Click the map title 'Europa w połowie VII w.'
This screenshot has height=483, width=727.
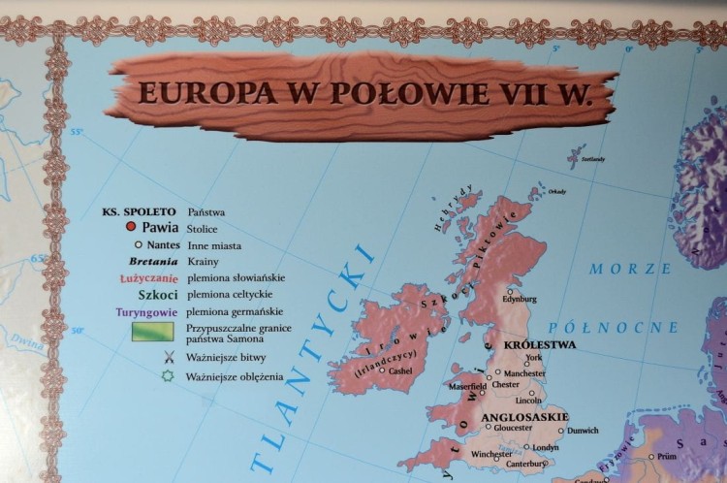pyautogui.click(x=363, y=92)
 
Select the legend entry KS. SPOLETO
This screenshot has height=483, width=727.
pyautogui.click(x=140, y=210)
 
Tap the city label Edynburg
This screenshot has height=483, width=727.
pyautogui.click(x=518, y=299)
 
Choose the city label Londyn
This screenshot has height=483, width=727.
pyautogui.click(x=547, y=447)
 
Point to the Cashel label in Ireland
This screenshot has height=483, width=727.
pyautogui.click(x=400, y=370)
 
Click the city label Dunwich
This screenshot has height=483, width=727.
pyautogui.click(x=583, y=430)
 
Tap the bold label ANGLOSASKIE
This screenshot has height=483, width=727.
pyautogui.click(x=523, y=415)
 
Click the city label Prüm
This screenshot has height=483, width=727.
pyautogui.click(x=666, y=456)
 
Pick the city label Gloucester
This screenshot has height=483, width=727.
pyautogui.click(x=513, y=427)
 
